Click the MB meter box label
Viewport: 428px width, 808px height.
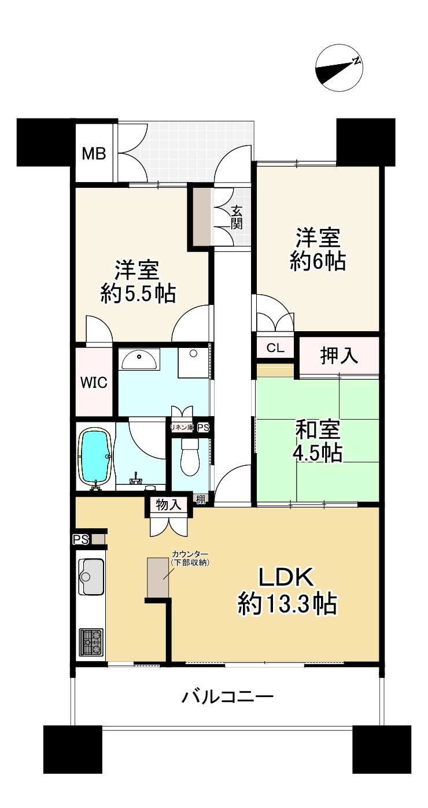pos(94,154)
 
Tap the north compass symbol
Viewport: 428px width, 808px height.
pos(338,68)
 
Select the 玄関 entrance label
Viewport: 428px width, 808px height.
pos(237,217)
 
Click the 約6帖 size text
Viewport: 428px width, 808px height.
pos(318,261)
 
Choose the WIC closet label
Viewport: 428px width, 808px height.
pos(94,383)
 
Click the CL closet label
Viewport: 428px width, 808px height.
pos(275,348)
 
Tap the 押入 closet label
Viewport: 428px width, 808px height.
pos(339,355)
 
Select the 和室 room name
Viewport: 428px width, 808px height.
pos(318,429)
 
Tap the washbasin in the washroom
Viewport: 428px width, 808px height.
pos(139,359)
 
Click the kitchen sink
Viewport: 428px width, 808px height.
pos(91,576)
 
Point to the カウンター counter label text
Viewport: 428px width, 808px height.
pos(190,553)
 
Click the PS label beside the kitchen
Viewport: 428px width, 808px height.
pos(81,539)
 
